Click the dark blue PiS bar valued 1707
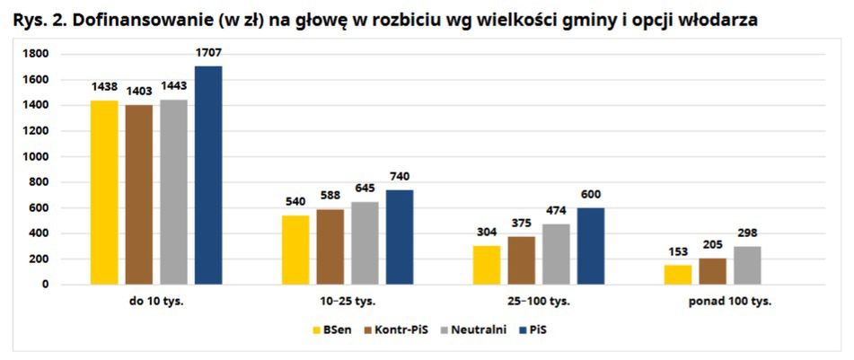[207, 175]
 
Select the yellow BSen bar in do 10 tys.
[103, 192]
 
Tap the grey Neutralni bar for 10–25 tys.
[364, 243]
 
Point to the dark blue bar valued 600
[590, 246]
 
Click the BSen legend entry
[330, 329]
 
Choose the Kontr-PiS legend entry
[402, 329]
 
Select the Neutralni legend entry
[480, 329]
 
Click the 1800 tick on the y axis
[37, 54]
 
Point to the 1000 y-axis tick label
[37, 156]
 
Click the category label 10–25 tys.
[347, 301]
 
